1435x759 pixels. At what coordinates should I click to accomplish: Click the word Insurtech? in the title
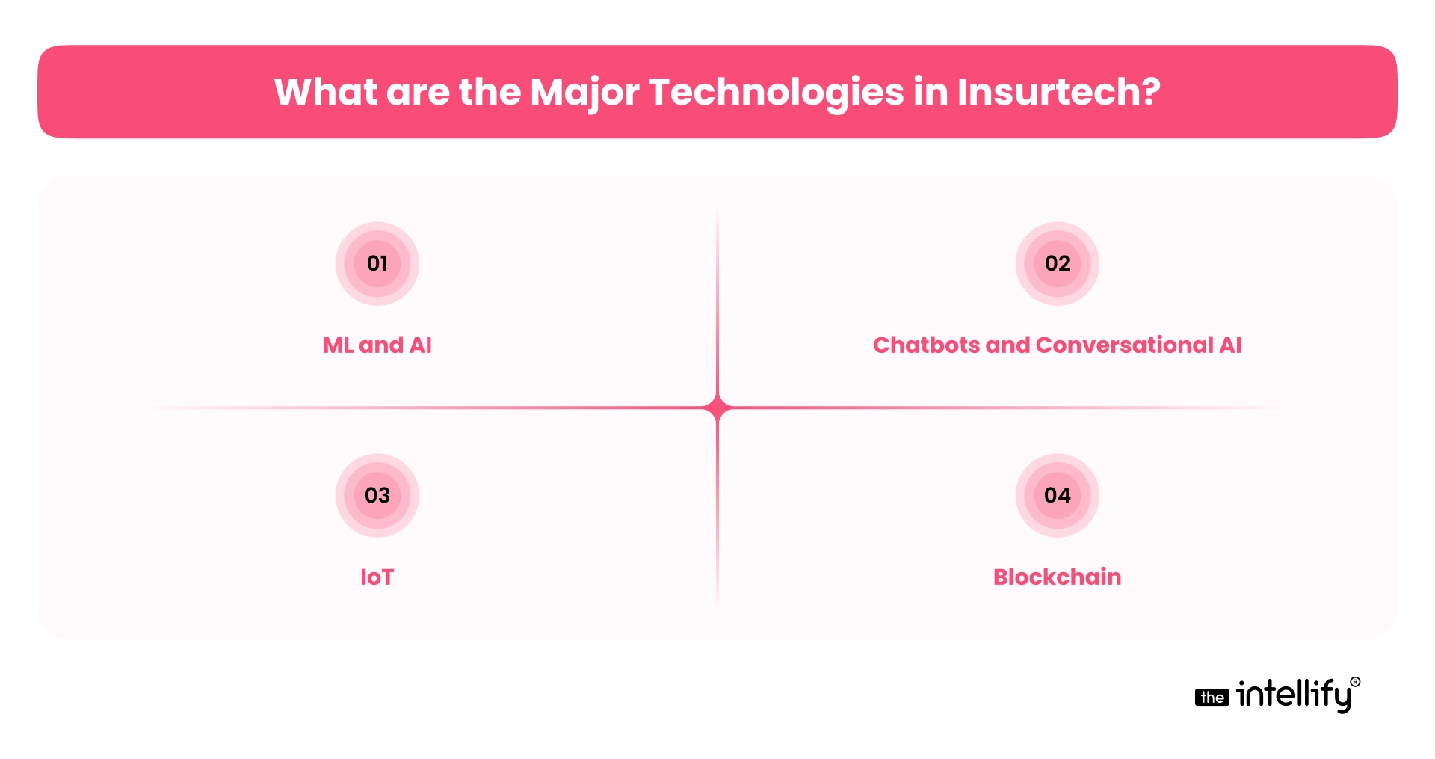(x=1058, y=92)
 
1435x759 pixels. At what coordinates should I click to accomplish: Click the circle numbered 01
(x=377, y=263)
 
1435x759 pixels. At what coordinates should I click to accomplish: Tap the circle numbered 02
(x=1058, y=263)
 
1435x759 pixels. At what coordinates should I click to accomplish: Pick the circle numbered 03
(x=377, y=495)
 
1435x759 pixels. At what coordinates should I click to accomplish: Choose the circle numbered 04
(x=1058, y=495)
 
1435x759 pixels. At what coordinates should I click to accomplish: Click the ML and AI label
(x=377, y=345)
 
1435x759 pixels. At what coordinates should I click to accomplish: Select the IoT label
(x=377, y=577)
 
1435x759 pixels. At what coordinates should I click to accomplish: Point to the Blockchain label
(x=1058, y=577)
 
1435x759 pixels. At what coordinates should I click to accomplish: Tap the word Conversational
(x=1125, y=345)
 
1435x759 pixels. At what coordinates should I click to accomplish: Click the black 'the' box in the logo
(x=1212, y=698)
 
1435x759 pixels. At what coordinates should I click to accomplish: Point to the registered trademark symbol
(x=1355, y=682)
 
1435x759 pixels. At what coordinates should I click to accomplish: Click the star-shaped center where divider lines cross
(x=717, y=408)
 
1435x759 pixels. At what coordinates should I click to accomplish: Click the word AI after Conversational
(x=1230, y=345)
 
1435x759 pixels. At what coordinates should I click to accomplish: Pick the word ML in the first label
(x=338, y=345)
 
